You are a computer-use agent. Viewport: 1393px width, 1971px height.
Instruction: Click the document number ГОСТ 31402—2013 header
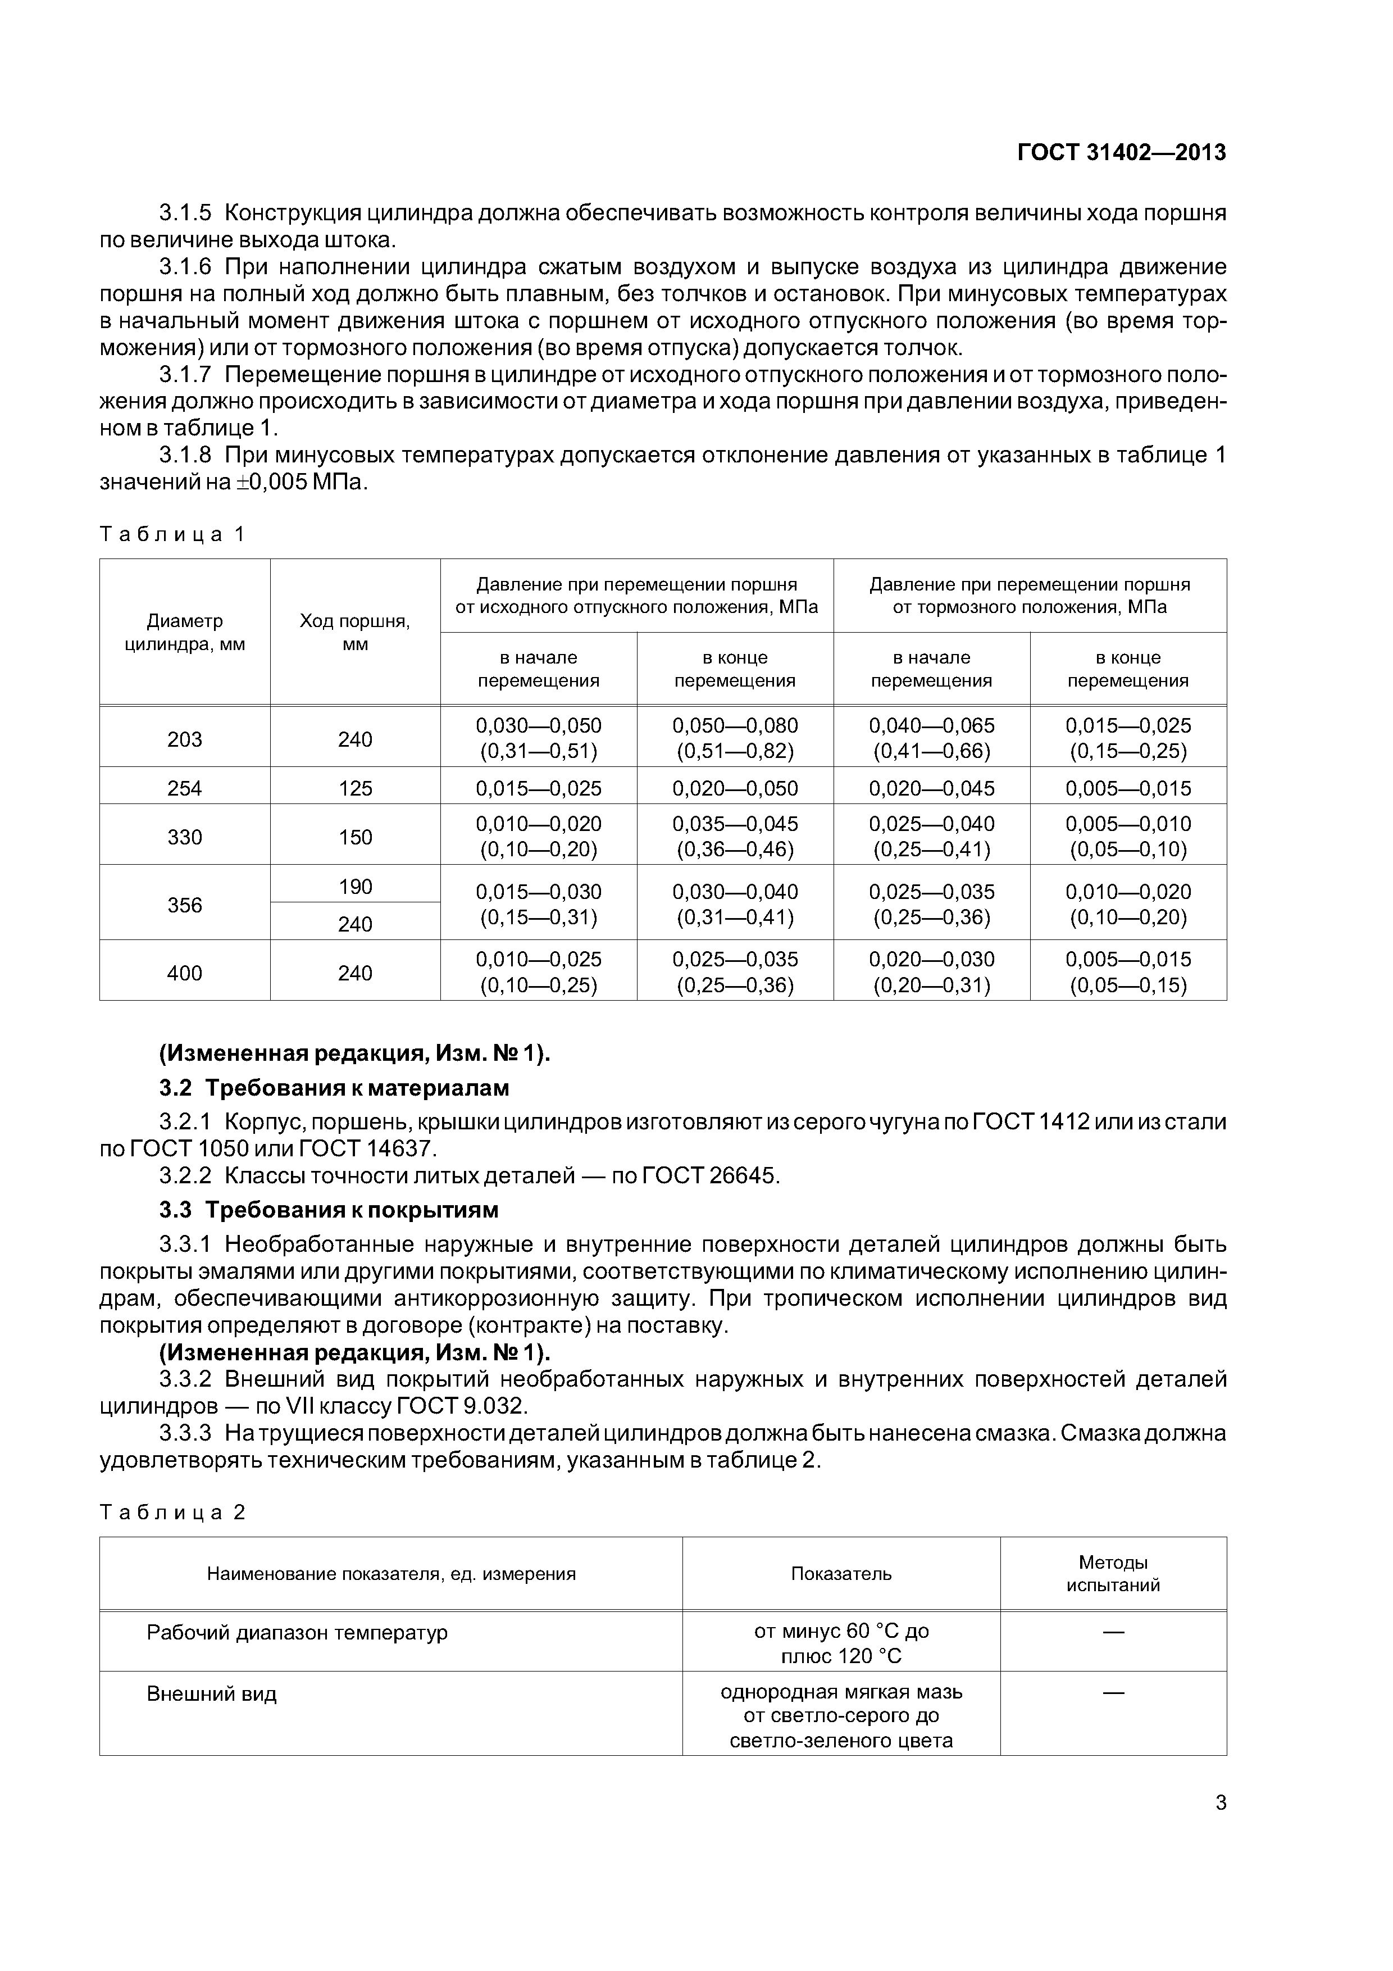click(x=1121, y=153)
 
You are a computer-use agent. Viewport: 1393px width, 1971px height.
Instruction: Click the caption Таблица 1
click(x=172, y=535)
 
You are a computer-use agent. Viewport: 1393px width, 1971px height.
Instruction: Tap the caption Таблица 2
click(x=172, y=1512)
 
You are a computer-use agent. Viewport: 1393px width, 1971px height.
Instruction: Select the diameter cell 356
click(x=185, y=905)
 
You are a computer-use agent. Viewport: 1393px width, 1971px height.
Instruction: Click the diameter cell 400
click(x=185, y=973)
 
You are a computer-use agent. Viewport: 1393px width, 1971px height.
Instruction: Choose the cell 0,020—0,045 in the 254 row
click(x=931, y=788)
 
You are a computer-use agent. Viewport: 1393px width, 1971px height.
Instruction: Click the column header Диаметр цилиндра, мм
click(x=185, y=633)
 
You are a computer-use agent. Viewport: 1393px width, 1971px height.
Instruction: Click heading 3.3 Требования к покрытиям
click(x=329, y=1210)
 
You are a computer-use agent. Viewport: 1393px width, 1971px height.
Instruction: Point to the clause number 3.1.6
click(x=185, y=267)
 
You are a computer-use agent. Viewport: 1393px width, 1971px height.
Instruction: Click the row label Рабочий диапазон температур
click(x=297, y=1632)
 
